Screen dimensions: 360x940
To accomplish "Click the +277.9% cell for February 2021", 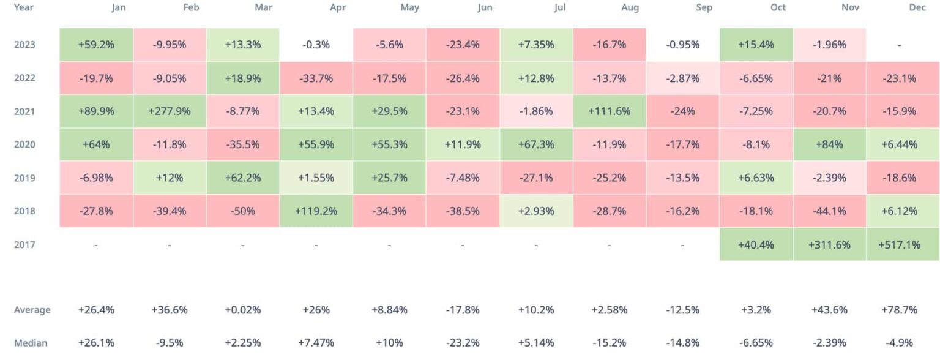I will point(170,111).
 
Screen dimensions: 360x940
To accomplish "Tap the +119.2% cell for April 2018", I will point(316,211).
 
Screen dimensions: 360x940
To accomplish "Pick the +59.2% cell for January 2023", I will point(96,45).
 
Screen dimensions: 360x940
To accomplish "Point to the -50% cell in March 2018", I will point(243,211).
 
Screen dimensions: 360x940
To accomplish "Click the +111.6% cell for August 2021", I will point(609,111).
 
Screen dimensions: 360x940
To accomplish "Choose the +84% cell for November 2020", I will point(829,144).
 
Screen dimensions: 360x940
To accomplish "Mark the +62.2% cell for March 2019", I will point(243,178).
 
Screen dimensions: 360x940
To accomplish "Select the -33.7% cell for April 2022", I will point(316,78).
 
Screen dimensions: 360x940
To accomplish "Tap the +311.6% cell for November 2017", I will point(829,245).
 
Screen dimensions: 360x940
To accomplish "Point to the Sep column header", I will point(703,8).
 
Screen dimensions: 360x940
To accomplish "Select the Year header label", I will point(24,8).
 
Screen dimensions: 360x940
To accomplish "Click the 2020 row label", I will point(24,144).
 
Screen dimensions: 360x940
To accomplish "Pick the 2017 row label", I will point(24,245).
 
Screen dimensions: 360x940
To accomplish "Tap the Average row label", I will point(32,310).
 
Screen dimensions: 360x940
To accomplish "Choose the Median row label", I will point(31,343).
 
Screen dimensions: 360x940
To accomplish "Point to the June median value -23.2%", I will point(463,343).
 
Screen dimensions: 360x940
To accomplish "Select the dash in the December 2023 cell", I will point(899,45).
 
